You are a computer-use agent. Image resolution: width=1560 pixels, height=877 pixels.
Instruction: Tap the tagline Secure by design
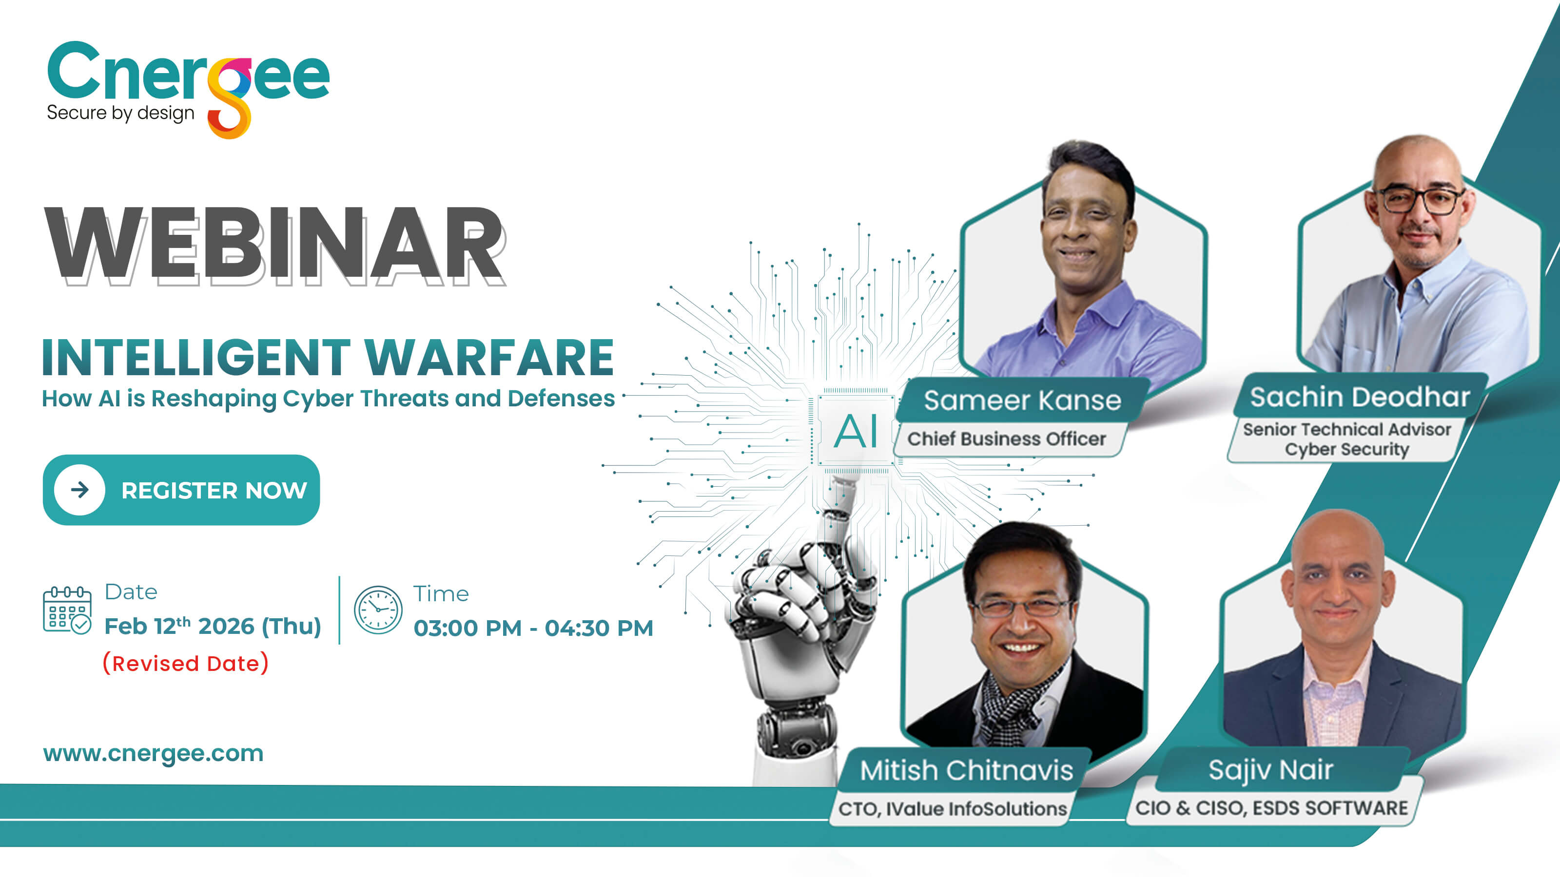coord(120,113)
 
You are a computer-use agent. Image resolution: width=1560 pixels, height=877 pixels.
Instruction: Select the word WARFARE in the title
coord(489,358)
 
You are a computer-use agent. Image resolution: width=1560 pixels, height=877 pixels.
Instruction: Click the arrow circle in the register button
coord(79,490)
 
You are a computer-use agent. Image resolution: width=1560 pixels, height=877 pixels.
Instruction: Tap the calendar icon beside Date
coord(67,610)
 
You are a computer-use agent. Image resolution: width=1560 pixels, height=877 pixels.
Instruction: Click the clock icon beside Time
coord(378,610)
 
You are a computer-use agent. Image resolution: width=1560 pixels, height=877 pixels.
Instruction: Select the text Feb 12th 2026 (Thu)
coord(213,626)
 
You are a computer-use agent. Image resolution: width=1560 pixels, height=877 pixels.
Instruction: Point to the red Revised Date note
coord(186,663)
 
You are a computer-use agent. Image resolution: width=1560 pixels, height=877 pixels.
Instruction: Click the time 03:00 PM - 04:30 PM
coord(533,628)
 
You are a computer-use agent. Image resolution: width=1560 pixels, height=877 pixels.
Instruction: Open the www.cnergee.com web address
coord(153,754)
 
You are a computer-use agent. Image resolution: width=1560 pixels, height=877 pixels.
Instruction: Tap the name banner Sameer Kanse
coord(1022,400)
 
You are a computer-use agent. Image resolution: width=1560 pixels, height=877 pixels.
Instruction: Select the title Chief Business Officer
coord(1007,439)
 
